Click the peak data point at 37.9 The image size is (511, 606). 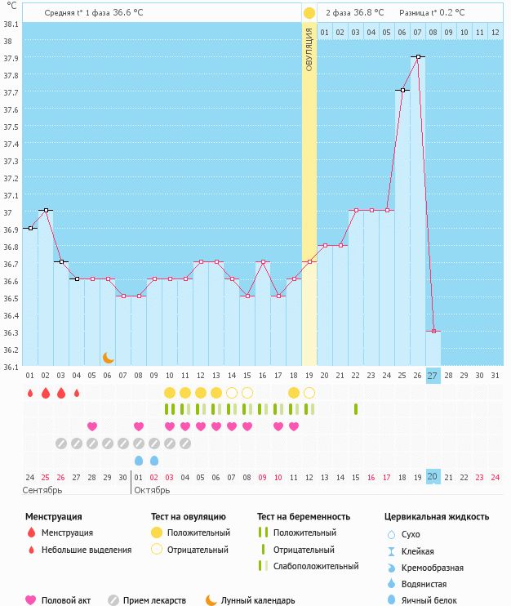418,56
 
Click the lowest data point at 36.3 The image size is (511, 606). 433,331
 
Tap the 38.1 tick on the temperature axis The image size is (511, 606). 11,24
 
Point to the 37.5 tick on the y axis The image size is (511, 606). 11,127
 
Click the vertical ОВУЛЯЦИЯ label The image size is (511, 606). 309,50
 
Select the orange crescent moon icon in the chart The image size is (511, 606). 108,357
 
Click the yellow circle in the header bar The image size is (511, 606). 309,13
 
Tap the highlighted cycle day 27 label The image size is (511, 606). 433,375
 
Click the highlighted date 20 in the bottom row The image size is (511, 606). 433,477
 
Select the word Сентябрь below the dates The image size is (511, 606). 42,491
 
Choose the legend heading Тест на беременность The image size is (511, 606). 303,516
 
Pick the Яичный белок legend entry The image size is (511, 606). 429,600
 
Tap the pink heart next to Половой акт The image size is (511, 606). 31,600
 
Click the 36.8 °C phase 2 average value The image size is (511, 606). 367,13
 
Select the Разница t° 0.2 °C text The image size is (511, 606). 432,13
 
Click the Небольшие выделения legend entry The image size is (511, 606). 87,550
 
